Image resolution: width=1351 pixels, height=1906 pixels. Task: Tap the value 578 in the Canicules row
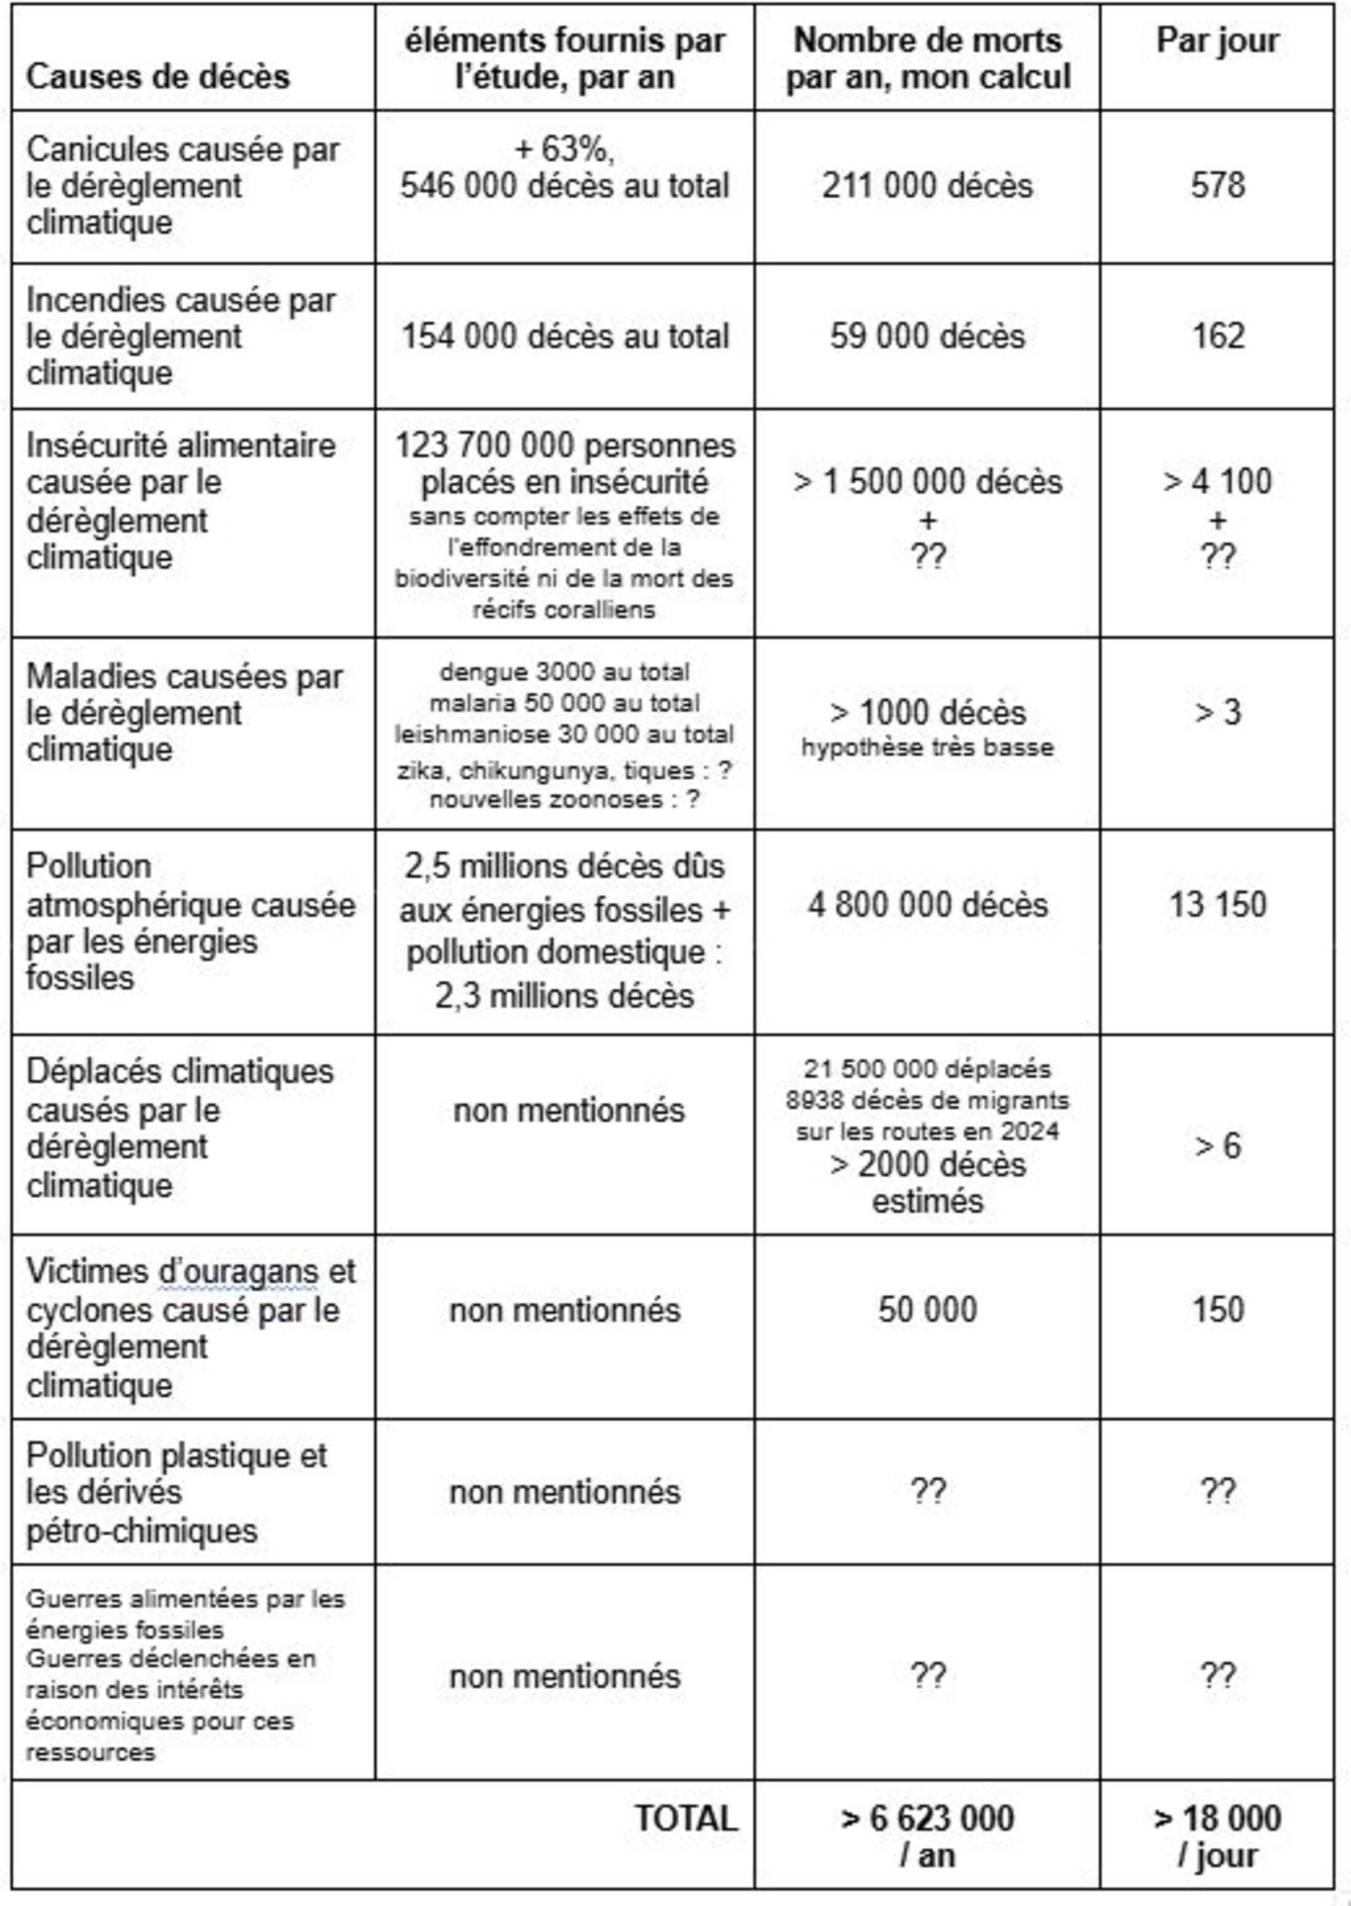pos(1217,185)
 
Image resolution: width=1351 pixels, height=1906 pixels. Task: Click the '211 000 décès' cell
pos(927,185)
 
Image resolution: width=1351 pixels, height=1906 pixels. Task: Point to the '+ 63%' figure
pos(565,150)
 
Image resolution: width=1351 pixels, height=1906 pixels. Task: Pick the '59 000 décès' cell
pos(927,336)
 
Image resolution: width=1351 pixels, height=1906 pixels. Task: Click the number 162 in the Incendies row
pos(1217,336)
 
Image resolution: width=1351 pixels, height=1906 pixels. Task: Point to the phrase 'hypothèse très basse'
pos(927,748)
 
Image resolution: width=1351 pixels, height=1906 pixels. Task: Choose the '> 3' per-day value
pos(1217,713)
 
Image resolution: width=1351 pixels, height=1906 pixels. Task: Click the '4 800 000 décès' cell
pos(927,905)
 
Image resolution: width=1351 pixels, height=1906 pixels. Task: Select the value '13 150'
pos(1217,905)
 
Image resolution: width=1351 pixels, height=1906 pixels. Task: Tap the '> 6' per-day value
pos(1217,1146)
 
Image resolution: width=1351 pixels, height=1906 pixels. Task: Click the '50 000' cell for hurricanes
pos(927,1310)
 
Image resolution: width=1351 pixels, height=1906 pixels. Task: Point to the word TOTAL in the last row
pos(687,1819)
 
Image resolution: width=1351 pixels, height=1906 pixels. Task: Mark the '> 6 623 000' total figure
pos(927,1819)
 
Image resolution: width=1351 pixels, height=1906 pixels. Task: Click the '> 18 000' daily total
pos(1217,1819)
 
